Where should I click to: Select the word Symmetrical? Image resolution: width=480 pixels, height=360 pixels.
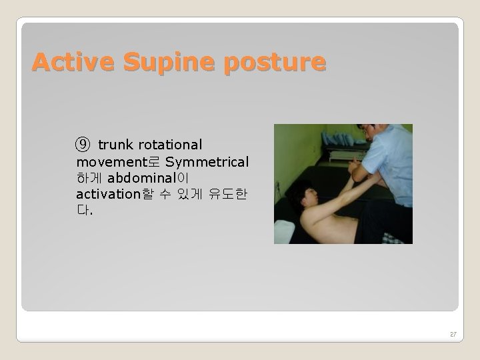coord(207,162)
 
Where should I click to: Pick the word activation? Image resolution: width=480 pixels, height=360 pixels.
coord(109,195)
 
